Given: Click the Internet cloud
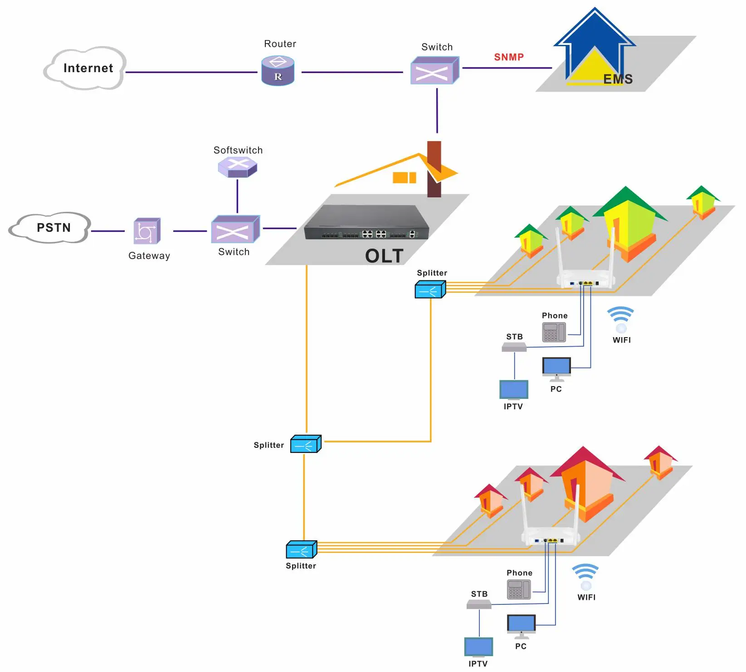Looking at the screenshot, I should click(x=86, y=69).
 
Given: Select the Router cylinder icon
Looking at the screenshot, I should click(x=278, y=71).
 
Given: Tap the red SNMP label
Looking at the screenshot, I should click(x=509, y=57).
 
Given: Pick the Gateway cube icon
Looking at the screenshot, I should click(x=147, y=231).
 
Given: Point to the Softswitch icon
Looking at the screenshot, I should click(x=238, y=167).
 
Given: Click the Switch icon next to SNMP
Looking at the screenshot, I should click(x=434, y=71).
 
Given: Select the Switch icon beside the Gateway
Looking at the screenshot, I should click(x=235, y=230).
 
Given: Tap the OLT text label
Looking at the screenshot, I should click(x=384, y=256).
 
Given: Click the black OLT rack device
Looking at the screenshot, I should click(x=366, y=222).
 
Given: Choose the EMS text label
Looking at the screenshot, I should click(x=618, y=79).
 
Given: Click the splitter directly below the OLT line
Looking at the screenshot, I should click(x=306, y=444).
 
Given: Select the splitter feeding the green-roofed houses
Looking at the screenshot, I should click(x=430, y=289).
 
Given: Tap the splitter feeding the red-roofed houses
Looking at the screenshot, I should click(x=301, y=549).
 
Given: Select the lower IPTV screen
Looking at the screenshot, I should click(x=478, y=647).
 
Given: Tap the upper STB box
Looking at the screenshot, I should click(x=514, y=347).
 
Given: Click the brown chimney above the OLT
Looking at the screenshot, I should click(x=434, y=168).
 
